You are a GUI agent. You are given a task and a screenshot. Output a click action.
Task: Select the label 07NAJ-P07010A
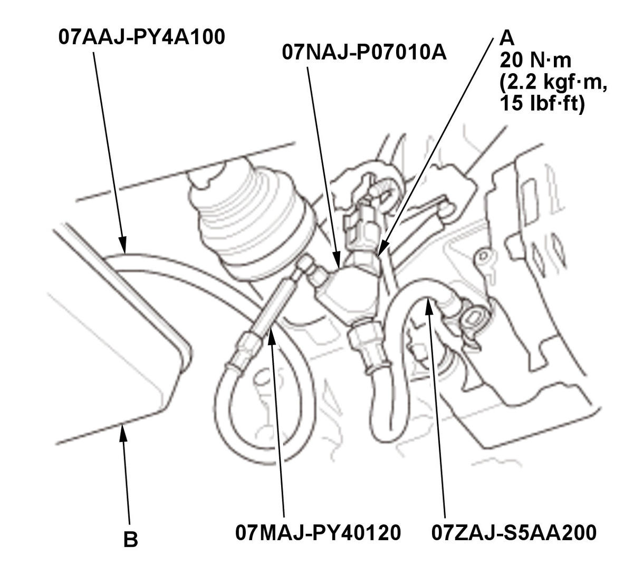click(x=365, y=53)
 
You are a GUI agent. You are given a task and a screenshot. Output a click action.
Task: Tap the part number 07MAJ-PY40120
click(x=318, y=532)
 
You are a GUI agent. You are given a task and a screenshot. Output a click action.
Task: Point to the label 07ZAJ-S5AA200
click(x=514, y=532)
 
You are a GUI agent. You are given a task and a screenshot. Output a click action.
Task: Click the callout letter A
click(x=506, y=38)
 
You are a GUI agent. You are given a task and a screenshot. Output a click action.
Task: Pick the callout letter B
click(x=130, y=540)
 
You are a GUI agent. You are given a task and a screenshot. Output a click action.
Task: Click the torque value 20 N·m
click(x=535, y=61)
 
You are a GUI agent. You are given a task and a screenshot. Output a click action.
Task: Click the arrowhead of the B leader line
click(x=123, y=430)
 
